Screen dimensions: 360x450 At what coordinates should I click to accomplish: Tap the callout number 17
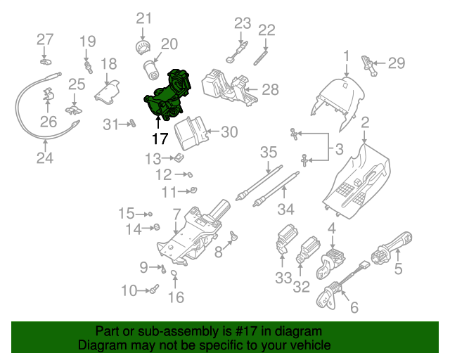click(160, 139)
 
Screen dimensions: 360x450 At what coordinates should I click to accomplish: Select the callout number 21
click(143, 18)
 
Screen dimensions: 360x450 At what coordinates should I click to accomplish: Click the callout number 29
click(397, 63)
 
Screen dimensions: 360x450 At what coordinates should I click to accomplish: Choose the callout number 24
click(44, 157)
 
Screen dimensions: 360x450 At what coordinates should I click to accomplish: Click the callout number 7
click(176, 212)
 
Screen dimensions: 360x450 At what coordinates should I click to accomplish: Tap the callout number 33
click(283, 278)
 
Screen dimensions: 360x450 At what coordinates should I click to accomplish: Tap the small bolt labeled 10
click(155, 288)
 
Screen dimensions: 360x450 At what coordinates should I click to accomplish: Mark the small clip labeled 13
click(179, 157)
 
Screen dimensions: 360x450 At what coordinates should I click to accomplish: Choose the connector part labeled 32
click(308, 249)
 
